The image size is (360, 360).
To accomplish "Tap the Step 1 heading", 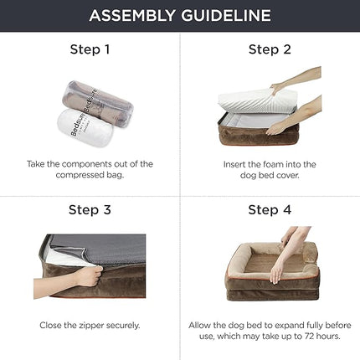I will (x=90, y=49).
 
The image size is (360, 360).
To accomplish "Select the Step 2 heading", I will (x=270, y=49).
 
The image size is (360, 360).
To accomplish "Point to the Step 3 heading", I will (x=90, y=209).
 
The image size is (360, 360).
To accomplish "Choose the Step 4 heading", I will (x=270, y=209).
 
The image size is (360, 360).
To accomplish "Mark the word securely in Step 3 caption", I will (x=121, y=323).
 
